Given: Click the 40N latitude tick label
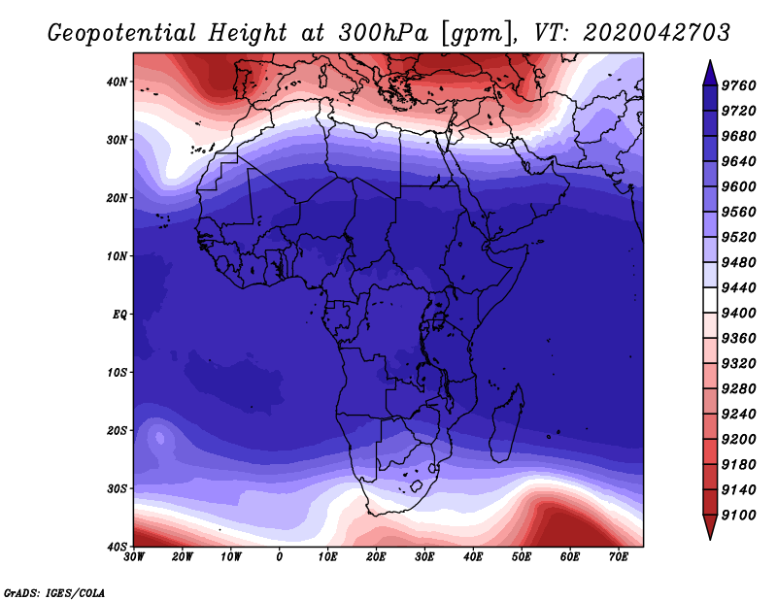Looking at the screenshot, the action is (117, 82).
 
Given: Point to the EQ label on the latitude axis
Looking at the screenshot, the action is (119, 315).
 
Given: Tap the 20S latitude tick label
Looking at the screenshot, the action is (117, 430).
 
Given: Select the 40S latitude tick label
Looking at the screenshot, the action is (117, 547).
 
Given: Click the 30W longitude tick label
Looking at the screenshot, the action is (134, 557).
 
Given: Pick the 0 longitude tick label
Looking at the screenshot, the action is (280, 557).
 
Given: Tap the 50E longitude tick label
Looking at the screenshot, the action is (522, 557).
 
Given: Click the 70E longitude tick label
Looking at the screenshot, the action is (618, 557).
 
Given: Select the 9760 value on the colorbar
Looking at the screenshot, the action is (738, 85).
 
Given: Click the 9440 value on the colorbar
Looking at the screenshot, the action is (738, 287).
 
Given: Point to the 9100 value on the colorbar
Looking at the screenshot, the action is (738, 516).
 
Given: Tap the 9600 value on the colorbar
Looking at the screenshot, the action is (738, 186).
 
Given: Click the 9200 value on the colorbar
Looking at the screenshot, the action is (738, 440).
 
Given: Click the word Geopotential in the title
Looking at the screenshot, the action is (122, 34).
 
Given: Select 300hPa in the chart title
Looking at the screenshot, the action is (383, 33).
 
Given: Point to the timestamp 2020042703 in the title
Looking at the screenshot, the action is (657, 33).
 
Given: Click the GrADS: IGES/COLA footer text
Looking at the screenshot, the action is (54, 592).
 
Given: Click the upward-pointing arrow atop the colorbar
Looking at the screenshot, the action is (710, 73).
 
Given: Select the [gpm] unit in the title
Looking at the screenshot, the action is (478, 34).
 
